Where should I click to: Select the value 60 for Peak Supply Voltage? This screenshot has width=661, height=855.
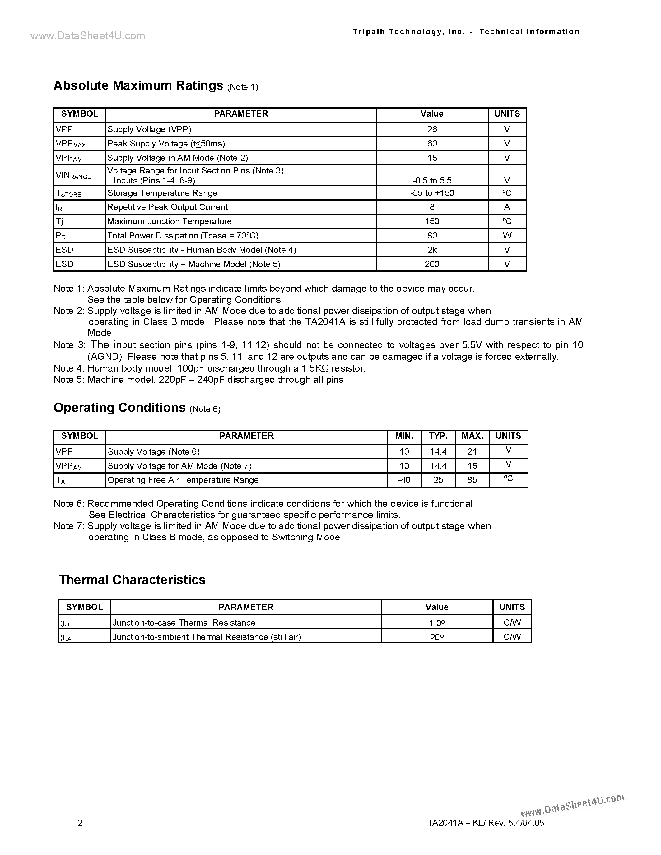pyautogui.click(x=432, y=144)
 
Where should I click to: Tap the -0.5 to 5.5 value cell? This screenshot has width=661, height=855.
pyautogui.click(x=432, y=180)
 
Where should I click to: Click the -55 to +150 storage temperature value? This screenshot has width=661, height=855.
pyautogui.click(x=432, y=193)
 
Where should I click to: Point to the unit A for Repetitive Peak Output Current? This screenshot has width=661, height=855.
pyautogui.click(x=507, y=207)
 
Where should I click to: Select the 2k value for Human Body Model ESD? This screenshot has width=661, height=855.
pyautogui.click(x=432, y=250)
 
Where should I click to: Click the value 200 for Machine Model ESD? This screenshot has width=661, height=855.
pyautogui.click(x=432, y=264)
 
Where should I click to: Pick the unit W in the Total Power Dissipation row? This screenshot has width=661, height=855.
pyautogui.click(x=507, y=236)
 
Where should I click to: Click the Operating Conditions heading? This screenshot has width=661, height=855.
pyautogui.click(x=119, y=408)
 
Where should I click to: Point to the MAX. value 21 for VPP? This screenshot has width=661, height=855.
pyautogui.click(x=472, y=452)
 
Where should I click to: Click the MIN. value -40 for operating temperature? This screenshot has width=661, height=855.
pyautogui.click(x=404, y=480)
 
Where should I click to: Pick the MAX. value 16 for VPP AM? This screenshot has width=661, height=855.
pyautogui.click(x=472, y=466)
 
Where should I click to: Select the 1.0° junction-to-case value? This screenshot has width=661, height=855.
pyautogui.click(x=437, y=623)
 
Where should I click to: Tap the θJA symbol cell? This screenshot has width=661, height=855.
pyautogui.click(x=66, y=638)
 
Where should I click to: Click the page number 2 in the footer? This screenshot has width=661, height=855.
pyautogui.click(x=80, y=822)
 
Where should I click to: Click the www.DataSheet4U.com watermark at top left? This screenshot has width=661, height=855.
pyautogui.click(x=88, y=36)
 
